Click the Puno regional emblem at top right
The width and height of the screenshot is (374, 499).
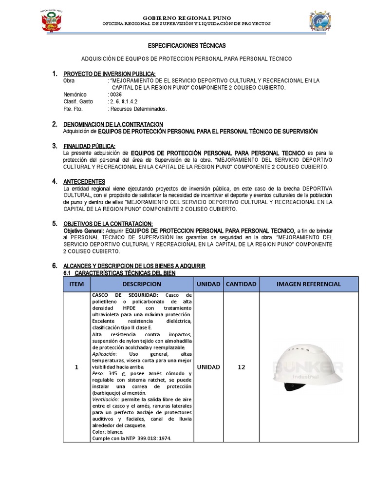coord(321,22)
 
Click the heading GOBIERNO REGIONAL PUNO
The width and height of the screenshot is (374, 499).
coord(187,18)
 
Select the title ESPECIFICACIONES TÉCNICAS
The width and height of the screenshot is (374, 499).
coord(187,45)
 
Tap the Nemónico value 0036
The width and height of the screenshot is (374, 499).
coord(115,95)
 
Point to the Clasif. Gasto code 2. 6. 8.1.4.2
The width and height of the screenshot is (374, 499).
coord(120,102)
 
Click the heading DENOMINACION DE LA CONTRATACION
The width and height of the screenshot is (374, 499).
coord(113,125)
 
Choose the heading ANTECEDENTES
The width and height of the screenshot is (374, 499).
coord(84,181)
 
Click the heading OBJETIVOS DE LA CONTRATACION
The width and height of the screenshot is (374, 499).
coord(108,223)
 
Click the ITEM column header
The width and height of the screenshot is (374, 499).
coord(76,284)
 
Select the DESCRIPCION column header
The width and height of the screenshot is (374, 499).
coord(142,284)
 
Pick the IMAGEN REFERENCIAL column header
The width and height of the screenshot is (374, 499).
coord(309,284)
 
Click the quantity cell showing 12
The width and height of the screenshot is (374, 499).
coord(241,367)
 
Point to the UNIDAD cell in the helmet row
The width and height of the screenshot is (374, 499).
coord(208,367)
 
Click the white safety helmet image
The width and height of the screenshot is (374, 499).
coord(307,365)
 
